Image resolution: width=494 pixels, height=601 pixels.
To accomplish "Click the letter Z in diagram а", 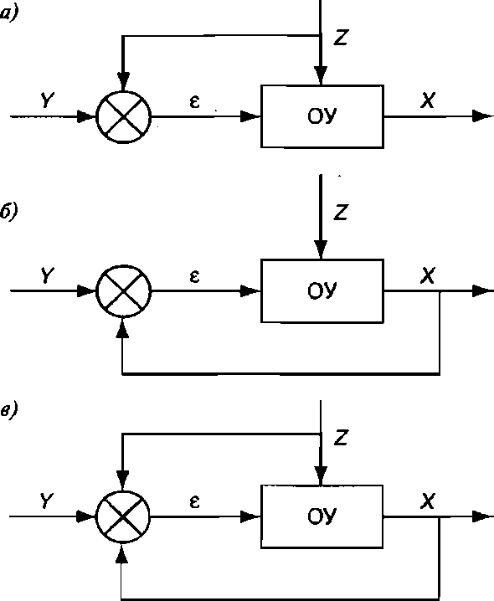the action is click(x=341, y=38).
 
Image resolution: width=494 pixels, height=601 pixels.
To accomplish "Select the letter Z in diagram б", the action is click(x=341, y=212).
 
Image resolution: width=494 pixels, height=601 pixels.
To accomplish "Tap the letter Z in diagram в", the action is click(x=341, y=437).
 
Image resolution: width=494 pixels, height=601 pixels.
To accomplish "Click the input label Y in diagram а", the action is click(x=47, y=100).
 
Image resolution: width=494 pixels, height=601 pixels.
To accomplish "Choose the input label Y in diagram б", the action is click(x=47, y=275).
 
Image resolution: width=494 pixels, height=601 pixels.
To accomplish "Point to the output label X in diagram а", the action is click(x=428, y=100).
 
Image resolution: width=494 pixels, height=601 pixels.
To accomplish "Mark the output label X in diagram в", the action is click(x=428, y=501).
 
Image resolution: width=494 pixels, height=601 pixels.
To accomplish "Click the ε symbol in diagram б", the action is click(x=195, y=276).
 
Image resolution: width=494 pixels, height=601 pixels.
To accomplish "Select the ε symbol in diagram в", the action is click(x=195, y=501).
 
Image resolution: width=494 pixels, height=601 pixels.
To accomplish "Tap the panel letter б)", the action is click(x=8, y=212).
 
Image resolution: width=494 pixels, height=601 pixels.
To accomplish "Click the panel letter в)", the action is click(x=8, y=411).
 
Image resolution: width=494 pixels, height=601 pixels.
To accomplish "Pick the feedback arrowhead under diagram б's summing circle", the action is click(x=122, y=327).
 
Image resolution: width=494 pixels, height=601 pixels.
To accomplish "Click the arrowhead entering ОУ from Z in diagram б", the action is click(x=321, y=249).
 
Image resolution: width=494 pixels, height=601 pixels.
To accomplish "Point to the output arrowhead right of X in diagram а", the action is click(x=482, y=116).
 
